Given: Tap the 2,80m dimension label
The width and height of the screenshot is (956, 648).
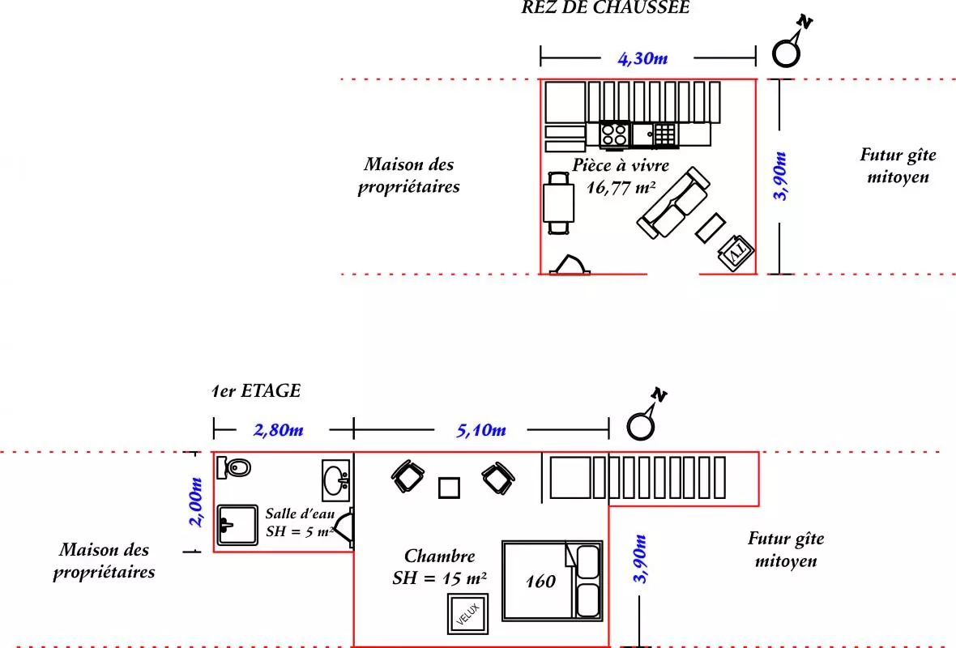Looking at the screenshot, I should coord(279,429).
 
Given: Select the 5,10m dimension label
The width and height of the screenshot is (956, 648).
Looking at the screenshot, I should coord(480,429).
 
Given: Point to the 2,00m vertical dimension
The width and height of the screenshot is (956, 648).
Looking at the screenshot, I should coord(195,502).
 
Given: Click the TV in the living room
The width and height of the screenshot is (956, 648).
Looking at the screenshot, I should coord(736,252).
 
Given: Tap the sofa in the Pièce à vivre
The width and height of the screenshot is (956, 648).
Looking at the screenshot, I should coord(673,202).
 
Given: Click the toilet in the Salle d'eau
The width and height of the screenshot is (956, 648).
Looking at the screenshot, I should coord(237,467).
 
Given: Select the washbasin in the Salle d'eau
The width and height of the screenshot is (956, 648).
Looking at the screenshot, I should coord(336,479).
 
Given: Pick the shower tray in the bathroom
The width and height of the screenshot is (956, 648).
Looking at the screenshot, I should coord(237,523).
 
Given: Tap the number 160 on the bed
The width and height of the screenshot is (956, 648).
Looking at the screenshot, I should coord(540,582).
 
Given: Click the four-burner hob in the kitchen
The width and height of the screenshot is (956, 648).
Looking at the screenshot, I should coord(613,134).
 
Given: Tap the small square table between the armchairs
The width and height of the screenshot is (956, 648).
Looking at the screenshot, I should coord(449,488).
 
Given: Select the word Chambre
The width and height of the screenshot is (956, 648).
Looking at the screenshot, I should coord(439,556).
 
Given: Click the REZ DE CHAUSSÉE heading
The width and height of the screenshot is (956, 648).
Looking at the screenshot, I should coord(605,8).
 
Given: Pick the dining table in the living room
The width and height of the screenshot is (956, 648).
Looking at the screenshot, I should coord(559,202).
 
